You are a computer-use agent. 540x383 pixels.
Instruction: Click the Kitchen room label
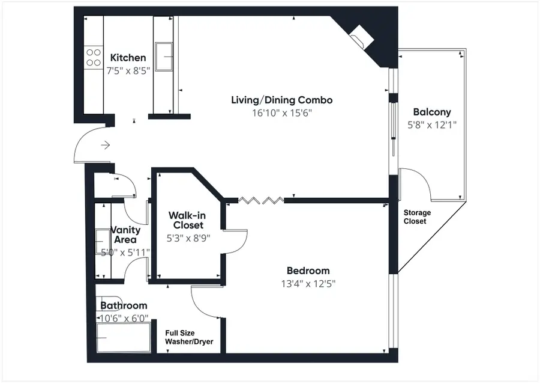click(x=128, y=58)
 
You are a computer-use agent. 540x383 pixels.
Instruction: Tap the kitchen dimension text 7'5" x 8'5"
click(x=128, y=70)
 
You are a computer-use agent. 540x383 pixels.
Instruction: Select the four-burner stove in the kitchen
click(x=94, y=58)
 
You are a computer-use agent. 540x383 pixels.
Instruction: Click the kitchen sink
click(x=164, y=58)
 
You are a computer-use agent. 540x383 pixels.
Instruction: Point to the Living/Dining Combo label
click(x=281, y=100)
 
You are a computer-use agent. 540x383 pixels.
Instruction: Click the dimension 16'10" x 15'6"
click(x=281, y=112)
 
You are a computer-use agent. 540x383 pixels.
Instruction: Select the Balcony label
click(x=432, y=112)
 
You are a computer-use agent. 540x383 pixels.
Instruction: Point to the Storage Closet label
click(x=417, y=217)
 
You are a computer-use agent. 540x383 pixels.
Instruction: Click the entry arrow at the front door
click(x=106, y=145)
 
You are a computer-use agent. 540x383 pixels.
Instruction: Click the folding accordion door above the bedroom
click(x=261, y=198)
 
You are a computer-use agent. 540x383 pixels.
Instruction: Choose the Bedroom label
click(x=307, y=271)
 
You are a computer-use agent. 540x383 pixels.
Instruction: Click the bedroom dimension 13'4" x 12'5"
click(x=307, y=284)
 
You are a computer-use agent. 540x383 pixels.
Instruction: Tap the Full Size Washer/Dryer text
click(x=189, y=337)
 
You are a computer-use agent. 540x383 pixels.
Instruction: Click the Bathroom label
click(x=124, y=305)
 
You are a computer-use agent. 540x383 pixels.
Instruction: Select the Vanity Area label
click(x=126, y=234)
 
